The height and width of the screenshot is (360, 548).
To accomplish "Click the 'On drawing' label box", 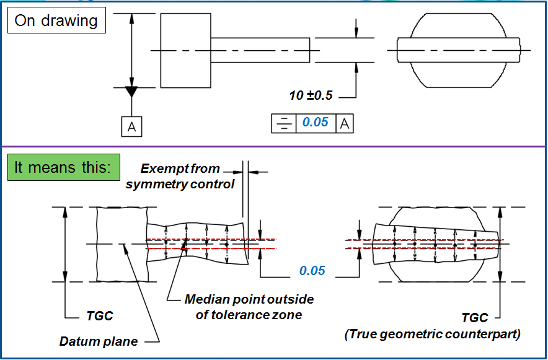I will click(x=56, y=20).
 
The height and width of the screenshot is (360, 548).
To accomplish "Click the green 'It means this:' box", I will click(x=63, y=168).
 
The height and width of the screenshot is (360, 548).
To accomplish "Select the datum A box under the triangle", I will click(x=131, y=126).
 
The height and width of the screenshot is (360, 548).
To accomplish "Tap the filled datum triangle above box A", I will click(x=131, y=92).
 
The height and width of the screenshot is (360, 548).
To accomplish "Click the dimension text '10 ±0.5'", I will click(x=311, y=95).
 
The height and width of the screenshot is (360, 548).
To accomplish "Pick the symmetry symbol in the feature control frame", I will click(x=283, y=123).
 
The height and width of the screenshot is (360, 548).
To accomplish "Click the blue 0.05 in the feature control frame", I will click(x=315, y=123).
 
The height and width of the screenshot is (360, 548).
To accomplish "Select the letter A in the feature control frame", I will click(x=345, y=123).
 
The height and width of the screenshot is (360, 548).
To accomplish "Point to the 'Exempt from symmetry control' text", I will click(x=180, y=176).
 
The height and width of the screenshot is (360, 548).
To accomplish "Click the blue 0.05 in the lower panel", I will click(x=312, y=271).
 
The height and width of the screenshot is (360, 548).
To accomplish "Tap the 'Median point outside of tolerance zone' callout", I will click(x=249, y=306).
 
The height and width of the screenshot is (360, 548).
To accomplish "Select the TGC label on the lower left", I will click(x=99, y=316).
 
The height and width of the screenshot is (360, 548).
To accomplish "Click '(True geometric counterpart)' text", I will click(x=432, y=335).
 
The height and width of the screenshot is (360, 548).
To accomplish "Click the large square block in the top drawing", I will click(x=185, y=50).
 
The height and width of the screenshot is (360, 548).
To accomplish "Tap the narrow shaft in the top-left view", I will click(x=260, y=50).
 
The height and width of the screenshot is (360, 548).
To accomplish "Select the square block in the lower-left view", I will click(x=122, y=244).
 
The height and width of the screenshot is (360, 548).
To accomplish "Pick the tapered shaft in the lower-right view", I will click(x=437, y=244).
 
